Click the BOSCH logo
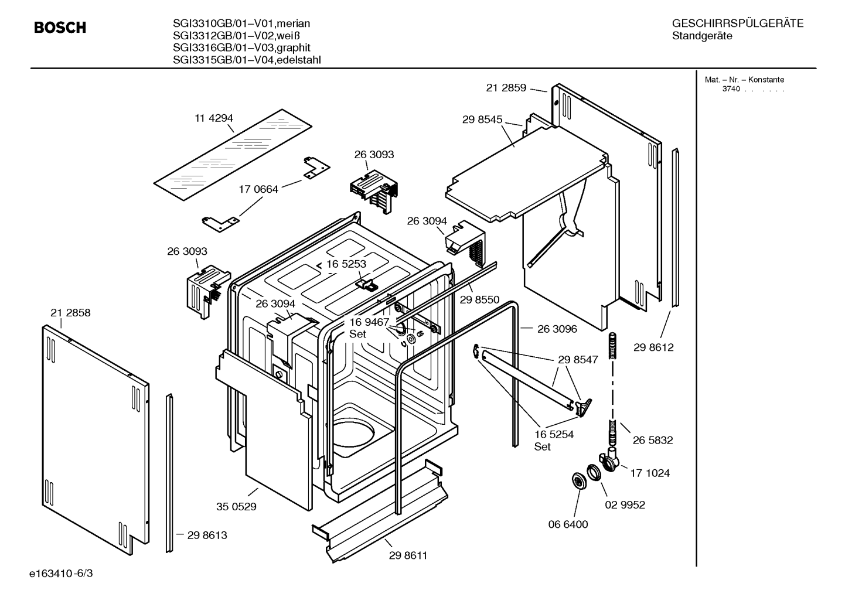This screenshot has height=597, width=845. [60, 28]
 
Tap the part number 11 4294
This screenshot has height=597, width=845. [213, 118]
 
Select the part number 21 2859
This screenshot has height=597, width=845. [506, 87]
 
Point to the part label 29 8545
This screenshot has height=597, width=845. [482, 119]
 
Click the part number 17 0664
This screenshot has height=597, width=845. [258, 189]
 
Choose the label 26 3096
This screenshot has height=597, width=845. [557, 329]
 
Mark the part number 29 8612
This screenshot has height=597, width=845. [653, 347]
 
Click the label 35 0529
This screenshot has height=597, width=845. [236, 507]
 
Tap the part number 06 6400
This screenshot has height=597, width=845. [568, 524]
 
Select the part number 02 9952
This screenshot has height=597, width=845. [625, 504]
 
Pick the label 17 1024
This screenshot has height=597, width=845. [650, 473]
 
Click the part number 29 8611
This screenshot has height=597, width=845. [408, 555]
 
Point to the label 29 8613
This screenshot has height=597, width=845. [207, 535]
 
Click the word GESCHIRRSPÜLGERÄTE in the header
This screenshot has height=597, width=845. [738, 23]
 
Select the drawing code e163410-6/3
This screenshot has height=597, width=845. [61, 574]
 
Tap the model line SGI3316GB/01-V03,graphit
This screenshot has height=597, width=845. [241, 47]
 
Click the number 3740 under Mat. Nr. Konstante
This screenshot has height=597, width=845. [731, 89]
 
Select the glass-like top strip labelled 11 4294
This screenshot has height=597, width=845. [233, 155]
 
